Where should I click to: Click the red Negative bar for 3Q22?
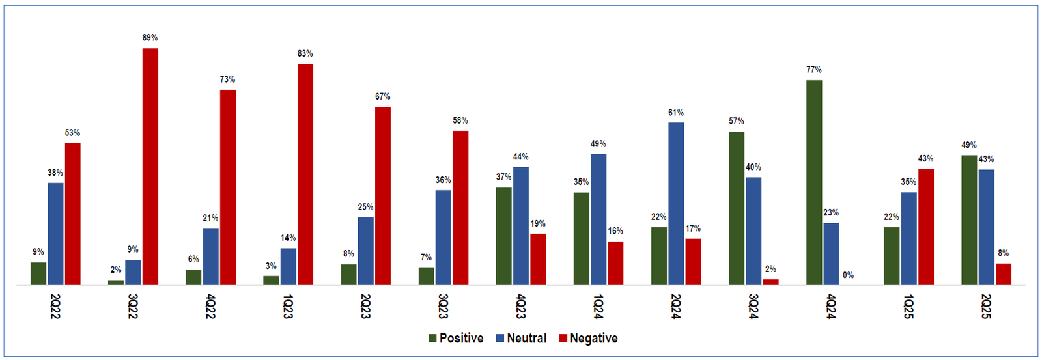(150, 167)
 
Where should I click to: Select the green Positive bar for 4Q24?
(814, 182)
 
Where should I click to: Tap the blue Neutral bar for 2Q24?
(676, 203)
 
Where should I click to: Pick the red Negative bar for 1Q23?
(305, 174)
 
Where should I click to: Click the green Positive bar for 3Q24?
(737, 208)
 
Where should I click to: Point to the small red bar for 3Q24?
(770, 282)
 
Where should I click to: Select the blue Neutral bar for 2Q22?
(55, 234)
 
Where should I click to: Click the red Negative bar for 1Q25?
(925, 227)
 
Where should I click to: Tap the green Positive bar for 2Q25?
(969, 220)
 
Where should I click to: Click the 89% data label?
(150, 38)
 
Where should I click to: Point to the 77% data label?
(814, 70)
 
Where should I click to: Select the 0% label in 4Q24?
(848, 275)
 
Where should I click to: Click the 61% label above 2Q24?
(676, 113)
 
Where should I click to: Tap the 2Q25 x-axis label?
(987, 306)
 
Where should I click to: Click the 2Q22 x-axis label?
(55, 306)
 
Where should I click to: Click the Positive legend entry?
(456, 338)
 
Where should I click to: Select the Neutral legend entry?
(521, 338)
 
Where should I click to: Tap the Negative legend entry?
(589, 338)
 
